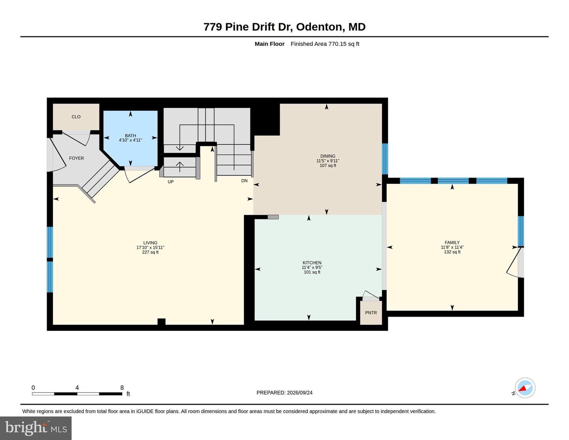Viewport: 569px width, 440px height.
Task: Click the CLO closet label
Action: (x=76, y=117)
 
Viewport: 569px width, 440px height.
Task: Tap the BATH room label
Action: (x=130, y=136)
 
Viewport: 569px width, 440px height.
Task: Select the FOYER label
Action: (x=77, y=158)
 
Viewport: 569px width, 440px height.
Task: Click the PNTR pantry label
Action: (x=371, y=313)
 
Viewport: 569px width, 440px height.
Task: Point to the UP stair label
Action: (x=171, y=182)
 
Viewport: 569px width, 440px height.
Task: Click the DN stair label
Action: (x=244, y=181)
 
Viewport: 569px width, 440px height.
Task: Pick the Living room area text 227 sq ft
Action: (x=150, y=252)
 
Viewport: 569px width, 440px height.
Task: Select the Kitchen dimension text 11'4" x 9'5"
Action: (x=312, y=267)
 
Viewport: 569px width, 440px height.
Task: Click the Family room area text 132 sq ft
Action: (x=452, y=252)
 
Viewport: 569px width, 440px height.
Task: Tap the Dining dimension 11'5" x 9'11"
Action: (x=328, y=161)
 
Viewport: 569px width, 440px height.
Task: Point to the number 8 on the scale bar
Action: (x=122, y=387)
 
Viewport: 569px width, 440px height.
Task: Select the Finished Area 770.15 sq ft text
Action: (x=325, y=44)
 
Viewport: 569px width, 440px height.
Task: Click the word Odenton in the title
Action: (x=319, y=27)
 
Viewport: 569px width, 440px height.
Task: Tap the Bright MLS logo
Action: (x=36, y=428)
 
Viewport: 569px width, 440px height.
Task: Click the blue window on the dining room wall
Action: (x=384, y=159)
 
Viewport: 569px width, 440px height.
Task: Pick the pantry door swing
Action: (x=371, y=295)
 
